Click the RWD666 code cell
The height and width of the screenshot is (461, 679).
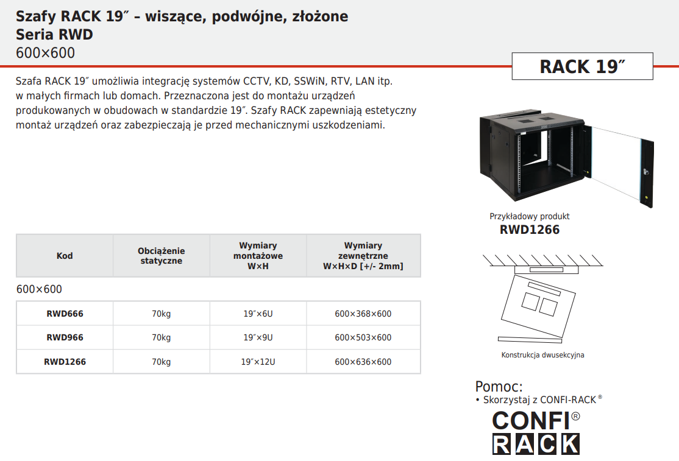click(x=65, y=314)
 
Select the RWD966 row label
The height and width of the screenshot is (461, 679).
click(x=65, y=337)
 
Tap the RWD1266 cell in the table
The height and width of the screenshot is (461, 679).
click(x=65, y=362)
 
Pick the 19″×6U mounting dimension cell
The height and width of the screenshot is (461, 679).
click(x=258, y=314)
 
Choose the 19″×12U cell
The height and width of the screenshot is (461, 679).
click(x=258, y=362)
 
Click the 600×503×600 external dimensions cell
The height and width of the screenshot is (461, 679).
click(x=363, y=337)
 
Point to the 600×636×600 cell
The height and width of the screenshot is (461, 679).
click(x=363, y=362)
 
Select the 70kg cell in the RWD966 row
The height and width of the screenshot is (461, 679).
click(x=161, y=337)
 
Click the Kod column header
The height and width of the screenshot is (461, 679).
click(x=65, y=256)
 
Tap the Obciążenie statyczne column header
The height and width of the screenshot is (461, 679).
click(x=161, y=256)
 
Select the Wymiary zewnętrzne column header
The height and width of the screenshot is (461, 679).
click(x=363, y=256)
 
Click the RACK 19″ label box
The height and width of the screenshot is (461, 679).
click(x=583, y=66)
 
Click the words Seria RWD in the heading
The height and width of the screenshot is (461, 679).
click(x=55, y=35)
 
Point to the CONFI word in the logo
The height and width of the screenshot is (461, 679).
click(x=531, y=421)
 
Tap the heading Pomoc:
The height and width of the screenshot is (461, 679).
click(x=499, y=386)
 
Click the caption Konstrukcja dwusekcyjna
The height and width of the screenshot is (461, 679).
click(x=542, y=355)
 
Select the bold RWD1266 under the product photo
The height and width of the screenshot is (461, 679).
click(x=530, y=230)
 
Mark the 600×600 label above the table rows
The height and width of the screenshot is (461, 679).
click(x=39, y=289)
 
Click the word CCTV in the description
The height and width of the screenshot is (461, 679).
click(x=256, y=81)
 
